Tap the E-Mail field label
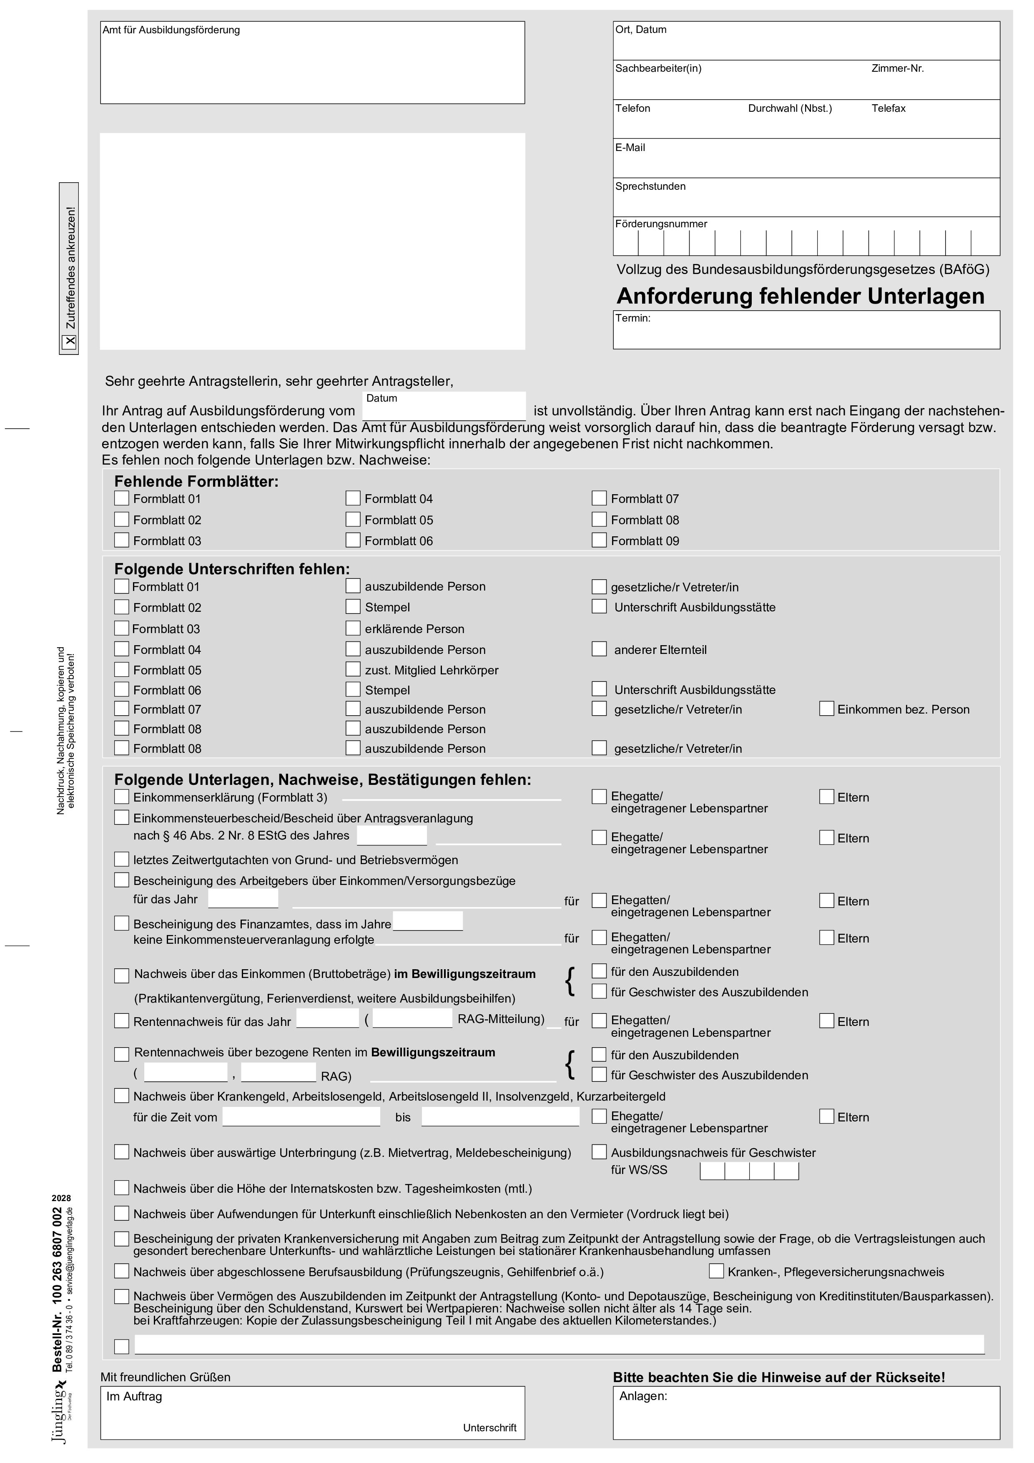(630, 148)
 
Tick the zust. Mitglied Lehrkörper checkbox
(353, 669)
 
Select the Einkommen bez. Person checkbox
(826, 709)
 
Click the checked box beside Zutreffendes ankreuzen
(70, 342)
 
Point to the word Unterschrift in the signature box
(489, 1428)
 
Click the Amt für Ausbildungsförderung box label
(171, 30)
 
